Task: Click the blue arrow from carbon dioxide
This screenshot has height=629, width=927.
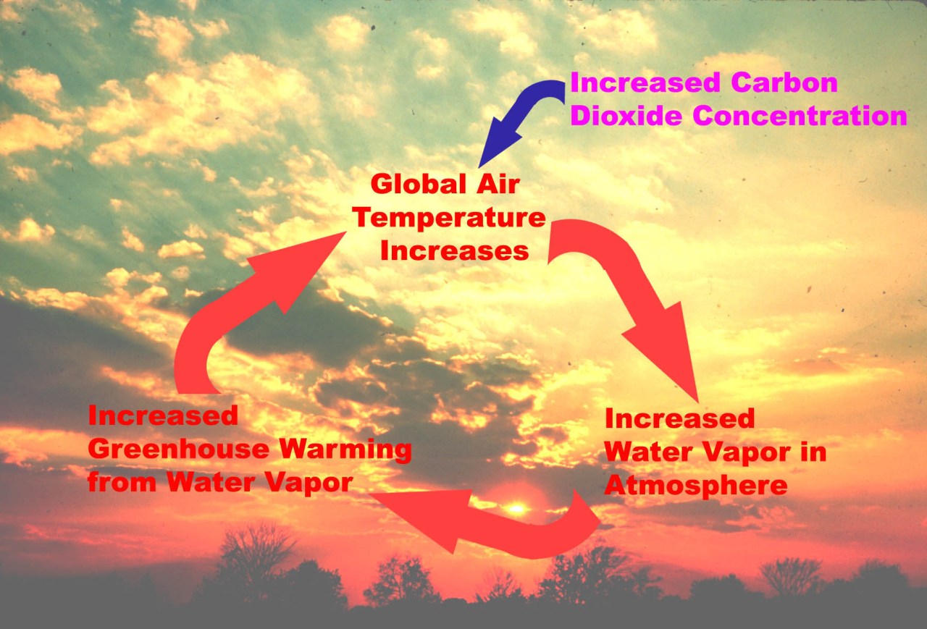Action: click(521, 119)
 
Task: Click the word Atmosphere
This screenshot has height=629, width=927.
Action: click(695, 484)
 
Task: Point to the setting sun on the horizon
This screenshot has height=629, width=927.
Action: click(516, 509)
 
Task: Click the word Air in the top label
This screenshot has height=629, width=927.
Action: click(495, 185)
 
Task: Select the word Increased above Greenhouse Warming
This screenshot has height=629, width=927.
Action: click(162, 416)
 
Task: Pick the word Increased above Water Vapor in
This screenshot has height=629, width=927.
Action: click(679, 419)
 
